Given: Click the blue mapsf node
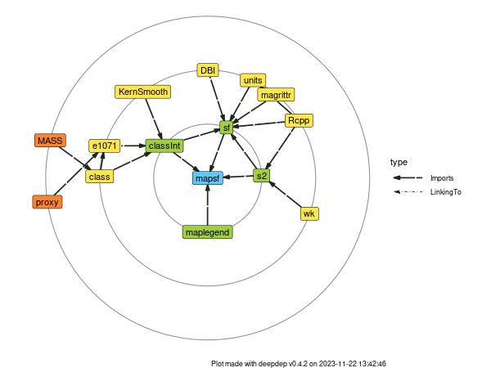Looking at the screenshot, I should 208,177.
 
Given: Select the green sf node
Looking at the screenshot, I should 227,128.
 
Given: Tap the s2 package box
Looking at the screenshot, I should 261,175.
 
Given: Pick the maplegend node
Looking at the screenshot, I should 208,232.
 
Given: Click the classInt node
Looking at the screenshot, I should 164,146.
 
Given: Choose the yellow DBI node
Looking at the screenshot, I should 209,70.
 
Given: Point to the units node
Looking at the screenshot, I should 253,80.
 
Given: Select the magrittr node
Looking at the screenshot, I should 274,95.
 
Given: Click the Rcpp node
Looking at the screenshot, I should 299,121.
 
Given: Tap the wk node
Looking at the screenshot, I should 309,213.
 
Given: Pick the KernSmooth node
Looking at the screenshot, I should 142,92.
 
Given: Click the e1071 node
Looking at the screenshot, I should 105,146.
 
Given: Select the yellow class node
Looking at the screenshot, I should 100,176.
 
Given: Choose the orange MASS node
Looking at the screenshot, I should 50,140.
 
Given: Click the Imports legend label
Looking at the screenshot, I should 442,177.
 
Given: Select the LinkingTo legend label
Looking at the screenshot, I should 445,191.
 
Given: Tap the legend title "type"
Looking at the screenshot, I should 399,162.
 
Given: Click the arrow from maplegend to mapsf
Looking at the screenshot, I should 208,204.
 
